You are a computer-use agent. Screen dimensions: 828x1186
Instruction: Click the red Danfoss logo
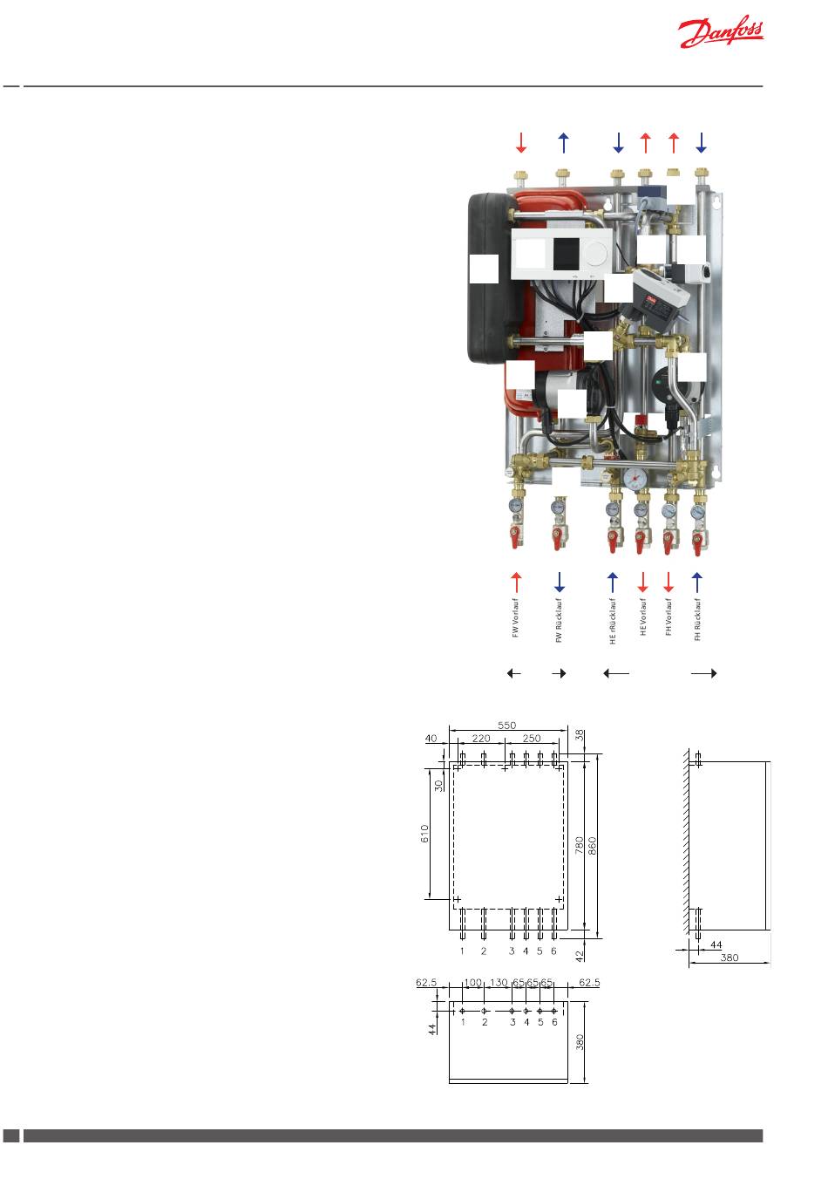(x=721, y=31)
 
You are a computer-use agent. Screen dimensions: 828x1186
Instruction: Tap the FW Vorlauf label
(x=515, y=617)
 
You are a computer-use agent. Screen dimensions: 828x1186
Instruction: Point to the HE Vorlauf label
(x=643, y=617)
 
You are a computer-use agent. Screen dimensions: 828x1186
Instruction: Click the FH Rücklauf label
(x=697, y=619)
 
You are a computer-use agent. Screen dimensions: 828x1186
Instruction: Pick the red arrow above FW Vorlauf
(x=516, y=582)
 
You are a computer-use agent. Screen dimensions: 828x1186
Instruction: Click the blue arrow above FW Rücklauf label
(x=560, y=582)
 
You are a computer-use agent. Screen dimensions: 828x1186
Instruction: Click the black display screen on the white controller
(x=567, y=253)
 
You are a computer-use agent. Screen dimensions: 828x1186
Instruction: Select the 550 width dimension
(x=506, y=726)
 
